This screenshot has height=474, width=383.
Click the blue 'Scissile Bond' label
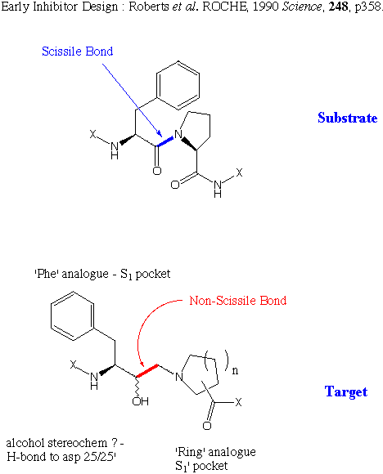(78, 51)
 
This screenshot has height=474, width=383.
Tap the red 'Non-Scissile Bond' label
(238, 301)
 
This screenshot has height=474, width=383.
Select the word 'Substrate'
(348, 118)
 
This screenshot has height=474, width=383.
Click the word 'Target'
(346, 391)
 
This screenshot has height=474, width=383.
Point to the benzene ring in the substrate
(178, 85)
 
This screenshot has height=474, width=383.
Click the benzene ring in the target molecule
(73, 316)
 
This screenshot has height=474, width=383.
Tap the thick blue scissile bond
(165, 141)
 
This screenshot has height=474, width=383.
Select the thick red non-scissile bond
(146, 371)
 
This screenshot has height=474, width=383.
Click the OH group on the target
(140, 401)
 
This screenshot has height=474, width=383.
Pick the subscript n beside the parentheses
(235, 370)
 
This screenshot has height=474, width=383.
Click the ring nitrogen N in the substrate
(178, 134)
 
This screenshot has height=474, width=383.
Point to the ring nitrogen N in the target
(179, 377)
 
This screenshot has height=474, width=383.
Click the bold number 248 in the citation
(339, 7)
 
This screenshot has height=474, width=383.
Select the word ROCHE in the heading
(224, 7)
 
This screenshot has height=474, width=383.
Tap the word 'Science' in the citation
(301, 7)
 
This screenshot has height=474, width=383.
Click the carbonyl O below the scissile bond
(157, 171)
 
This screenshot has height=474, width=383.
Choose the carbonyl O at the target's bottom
(207, 426)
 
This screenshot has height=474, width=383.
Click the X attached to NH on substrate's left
(92, 134)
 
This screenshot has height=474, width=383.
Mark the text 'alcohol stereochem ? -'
(65, 443)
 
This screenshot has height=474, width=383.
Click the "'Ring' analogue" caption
(215, 452)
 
